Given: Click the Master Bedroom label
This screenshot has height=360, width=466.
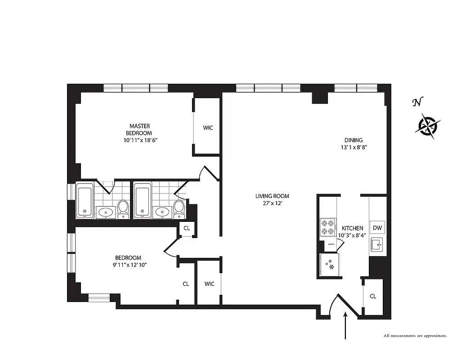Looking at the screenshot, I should coord(140,130).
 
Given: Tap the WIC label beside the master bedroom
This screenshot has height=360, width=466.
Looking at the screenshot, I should coord(207,128).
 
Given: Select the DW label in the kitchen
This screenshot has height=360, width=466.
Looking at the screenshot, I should coord(377,228).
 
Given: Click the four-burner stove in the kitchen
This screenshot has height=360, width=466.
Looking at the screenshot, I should coord(327,227).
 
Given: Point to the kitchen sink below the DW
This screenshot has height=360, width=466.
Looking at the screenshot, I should coord(376,246).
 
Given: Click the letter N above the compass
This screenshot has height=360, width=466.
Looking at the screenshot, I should coord(417,103).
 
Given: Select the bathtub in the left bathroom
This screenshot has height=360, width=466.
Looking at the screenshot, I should coord(85,200).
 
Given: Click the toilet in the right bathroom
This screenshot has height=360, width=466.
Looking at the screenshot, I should coord(179,209).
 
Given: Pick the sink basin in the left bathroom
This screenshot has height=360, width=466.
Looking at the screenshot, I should coord(106,211).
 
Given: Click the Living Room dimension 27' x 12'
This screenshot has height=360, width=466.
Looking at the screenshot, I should coord(272,203).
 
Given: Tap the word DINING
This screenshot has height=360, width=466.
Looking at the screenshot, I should coord(353,140).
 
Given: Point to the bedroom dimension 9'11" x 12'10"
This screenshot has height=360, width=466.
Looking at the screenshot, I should coord(131,265).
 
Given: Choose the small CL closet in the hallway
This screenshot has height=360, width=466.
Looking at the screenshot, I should coord(187,228).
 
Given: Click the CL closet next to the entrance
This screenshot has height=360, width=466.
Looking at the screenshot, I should coord(373,296).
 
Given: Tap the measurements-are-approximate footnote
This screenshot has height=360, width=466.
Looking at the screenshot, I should coord(415,336).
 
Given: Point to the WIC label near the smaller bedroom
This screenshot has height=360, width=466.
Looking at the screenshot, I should coord(209,284).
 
